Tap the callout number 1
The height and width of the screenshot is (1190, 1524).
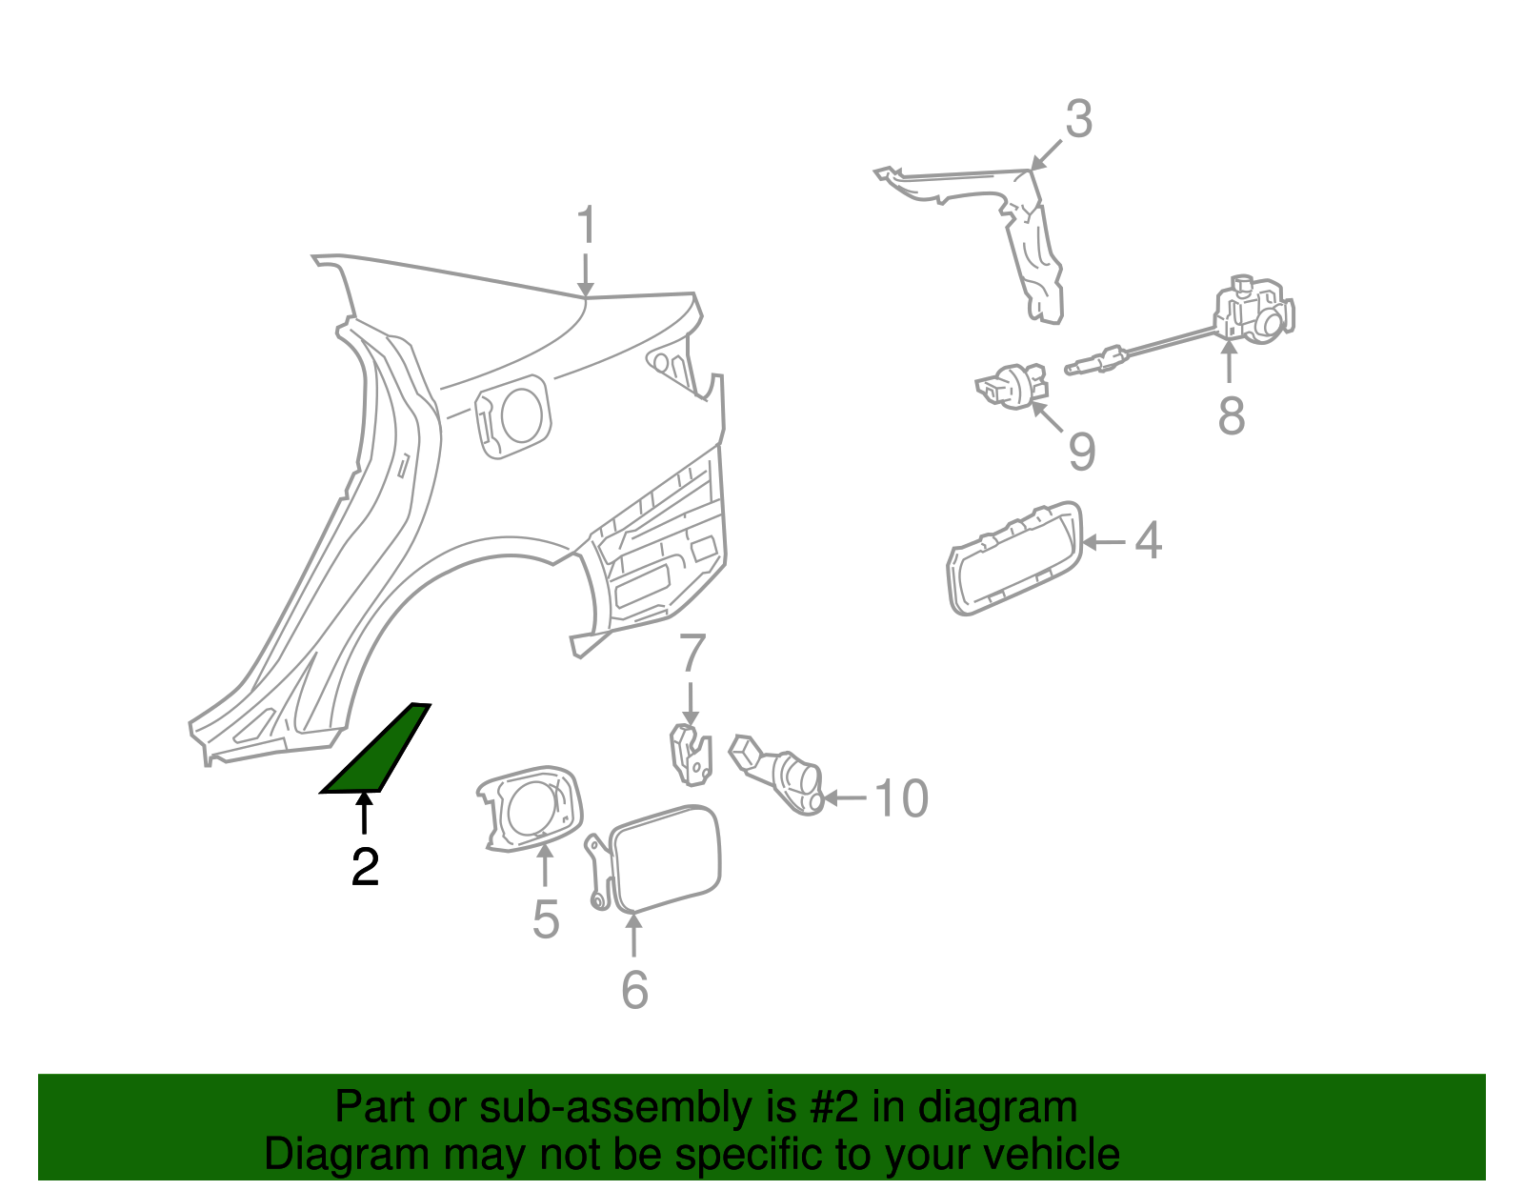click(x=586, y=227)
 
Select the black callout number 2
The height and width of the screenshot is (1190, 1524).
click(x=365, y=867)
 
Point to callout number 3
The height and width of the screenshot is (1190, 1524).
click(x=1078, y=120)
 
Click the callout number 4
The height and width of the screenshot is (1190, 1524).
click(x=1149, y=540)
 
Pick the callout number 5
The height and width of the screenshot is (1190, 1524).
click(x=545, y=919)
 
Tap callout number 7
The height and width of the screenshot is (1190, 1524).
click(x=692, y=654)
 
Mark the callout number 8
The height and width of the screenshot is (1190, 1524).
click(x=1231, y=416)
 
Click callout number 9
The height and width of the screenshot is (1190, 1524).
click(x=1081, y=451)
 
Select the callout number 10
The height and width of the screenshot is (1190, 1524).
click(x=901, y=798)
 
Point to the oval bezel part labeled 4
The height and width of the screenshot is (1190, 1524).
click(x=1013, y=558)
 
